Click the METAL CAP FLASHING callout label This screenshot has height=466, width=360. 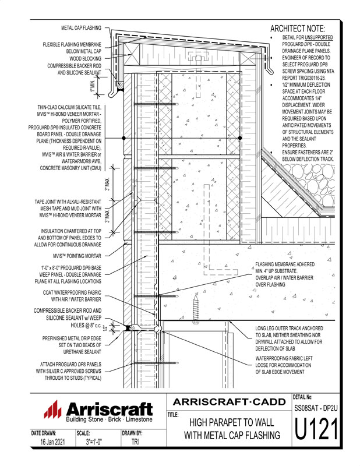click(x=81, y=27)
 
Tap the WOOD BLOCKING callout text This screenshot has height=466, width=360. click(x=82, y=58)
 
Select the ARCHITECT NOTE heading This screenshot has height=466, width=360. click(x=298, y=29)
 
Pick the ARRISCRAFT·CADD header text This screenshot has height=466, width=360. click(x=230, y=402)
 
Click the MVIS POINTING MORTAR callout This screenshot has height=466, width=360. click(x=77, y=255)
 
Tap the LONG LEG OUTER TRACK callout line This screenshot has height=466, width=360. click(x=290, y=328)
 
